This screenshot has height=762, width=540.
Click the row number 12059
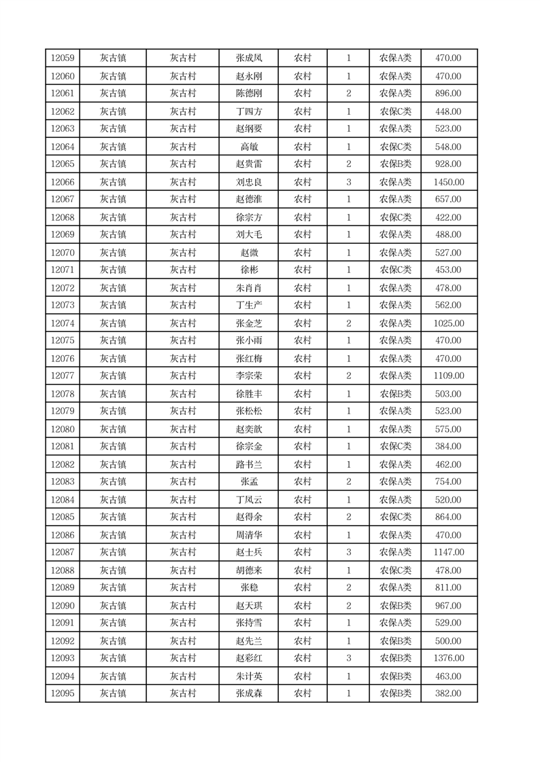[63, 58]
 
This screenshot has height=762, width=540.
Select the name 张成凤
[249, 58]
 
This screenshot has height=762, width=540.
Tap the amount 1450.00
[448, 182]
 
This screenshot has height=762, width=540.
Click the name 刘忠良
[249, 182]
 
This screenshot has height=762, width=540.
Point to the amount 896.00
[448, 94]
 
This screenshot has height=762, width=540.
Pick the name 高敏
[249, 147]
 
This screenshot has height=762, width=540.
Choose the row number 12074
[63, 323]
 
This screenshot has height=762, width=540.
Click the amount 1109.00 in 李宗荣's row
[448, 376]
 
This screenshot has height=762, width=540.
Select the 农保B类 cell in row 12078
[395, 394]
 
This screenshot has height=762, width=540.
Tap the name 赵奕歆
[249, 429]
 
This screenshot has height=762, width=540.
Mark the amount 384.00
[448, 447]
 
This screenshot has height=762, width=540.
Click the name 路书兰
[249, 465]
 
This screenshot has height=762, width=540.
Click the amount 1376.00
[448, 658]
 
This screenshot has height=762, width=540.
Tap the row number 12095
[63, 693]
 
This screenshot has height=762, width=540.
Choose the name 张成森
[249, 693]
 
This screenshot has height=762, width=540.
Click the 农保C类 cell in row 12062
[395, 111]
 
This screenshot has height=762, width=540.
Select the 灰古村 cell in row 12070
[183, 253]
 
